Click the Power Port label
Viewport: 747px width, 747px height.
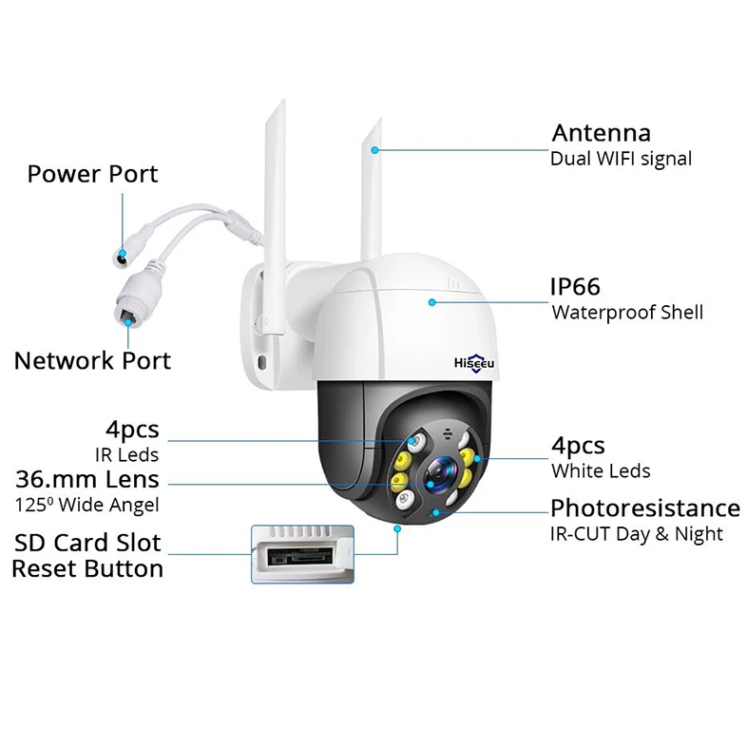click(92, 174)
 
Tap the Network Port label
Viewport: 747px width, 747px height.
click(92, 360)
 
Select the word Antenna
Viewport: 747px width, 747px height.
click(601, 133)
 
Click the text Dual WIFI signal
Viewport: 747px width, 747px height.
click(621, 158)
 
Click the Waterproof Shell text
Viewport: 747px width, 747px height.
click(626, 312)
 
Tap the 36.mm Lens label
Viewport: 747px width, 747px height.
click(86, 479)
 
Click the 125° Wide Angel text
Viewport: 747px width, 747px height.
click(86, 505)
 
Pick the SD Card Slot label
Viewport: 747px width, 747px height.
click(86, 544)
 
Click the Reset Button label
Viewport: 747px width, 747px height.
click(86, 569)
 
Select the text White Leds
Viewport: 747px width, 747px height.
click(601, 470)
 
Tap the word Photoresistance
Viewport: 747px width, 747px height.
click(644, 508)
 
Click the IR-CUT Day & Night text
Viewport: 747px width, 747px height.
click(636, 534)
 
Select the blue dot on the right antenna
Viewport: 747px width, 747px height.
click(376, 149)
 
